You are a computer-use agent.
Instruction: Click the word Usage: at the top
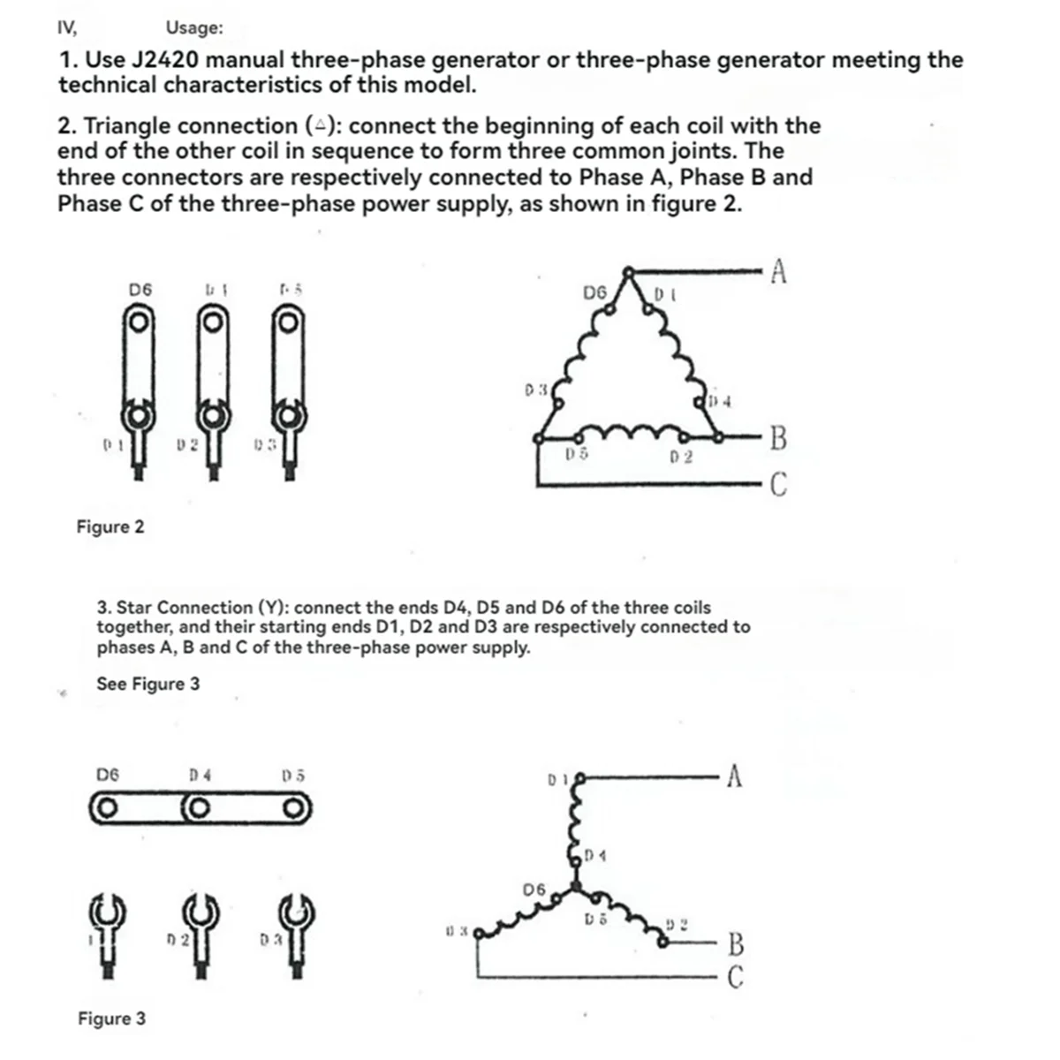click(193, 27)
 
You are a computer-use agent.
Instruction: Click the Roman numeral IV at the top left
click(65, 26)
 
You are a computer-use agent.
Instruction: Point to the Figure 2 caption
click(110, 526)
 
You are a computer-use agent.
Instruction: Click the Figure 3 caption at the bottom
click(111, 1018)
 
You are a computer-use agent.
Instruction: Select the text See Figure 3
click(148, 684)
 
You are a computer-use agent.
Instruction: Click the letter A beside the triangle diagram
click(777, 270)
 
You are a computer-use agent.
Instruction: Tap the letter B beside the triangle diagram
click(777, 437)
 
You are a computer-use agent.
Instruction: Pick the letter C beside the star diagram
click(736, 978)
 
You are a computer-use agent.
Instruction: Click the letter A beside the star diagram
click(734, 776)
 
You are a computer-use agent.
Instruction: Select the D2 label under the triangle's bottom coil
click(680, 457)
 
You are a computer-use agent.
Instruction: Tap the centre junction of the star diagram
click(575, 886)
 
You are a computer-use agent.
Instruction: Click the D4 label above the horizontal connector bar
click(201, 776)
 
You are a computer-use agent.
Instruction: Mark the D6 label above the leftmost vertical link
click(140, 289)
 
